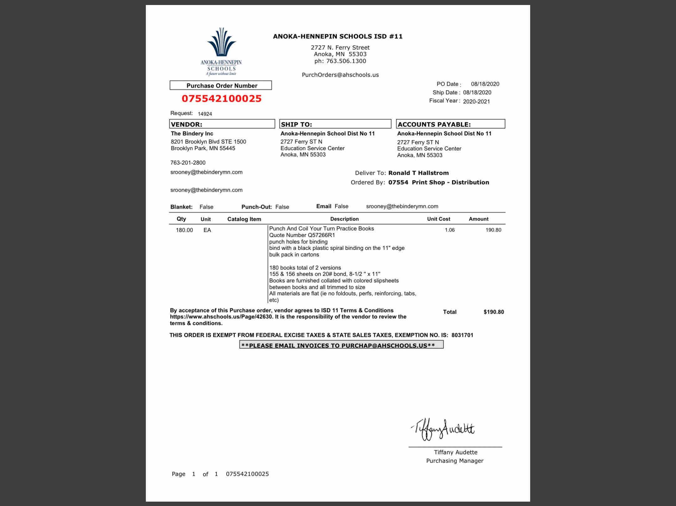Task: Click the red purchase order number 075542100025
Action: pyautogui.click(x=222, y=99)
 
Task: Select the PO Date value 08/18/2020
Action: pyautogui.click(x=485, y=84)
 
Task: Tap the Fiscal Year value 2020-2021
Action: pyautogui.click(x=476, y=101)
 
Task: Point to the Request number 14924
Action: pyautogui.click(x=205, y=114)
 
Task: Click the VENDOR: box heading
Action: pyautogui.click(x=187, y=124)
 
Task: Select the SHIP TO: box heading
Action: pyautogui.click(x=296, y=124)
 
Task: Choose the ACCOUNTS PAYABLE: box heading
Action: pyautogui.click(x=434, y=124)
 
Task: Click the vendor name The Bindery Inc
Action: pyautogui.click(x=192, y=134)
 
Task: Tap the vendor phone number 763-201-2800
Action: pyautogui.click(x=188, y=163)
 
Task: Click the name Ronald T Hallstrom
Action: pyautogui.click(x=418, y=173)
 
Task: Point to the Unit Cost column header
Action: pyautogui.click(x=438, y=219)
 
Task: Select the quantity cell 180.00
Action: pyautogui.click(x=184, y=230)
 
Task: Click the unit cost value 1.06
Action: pyautogui.click(x=449, y=230)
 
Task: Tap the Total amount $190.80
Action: pyautogui.click(x=494, y=312)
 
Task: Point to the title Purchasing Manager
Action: pyautogui.click(x=454, y=461)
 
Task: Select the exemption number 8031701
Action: pyautogui.click(x=462, y=335)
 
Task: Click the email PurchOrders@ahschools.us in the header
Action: pyautogui.click(x=340, y=75)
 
